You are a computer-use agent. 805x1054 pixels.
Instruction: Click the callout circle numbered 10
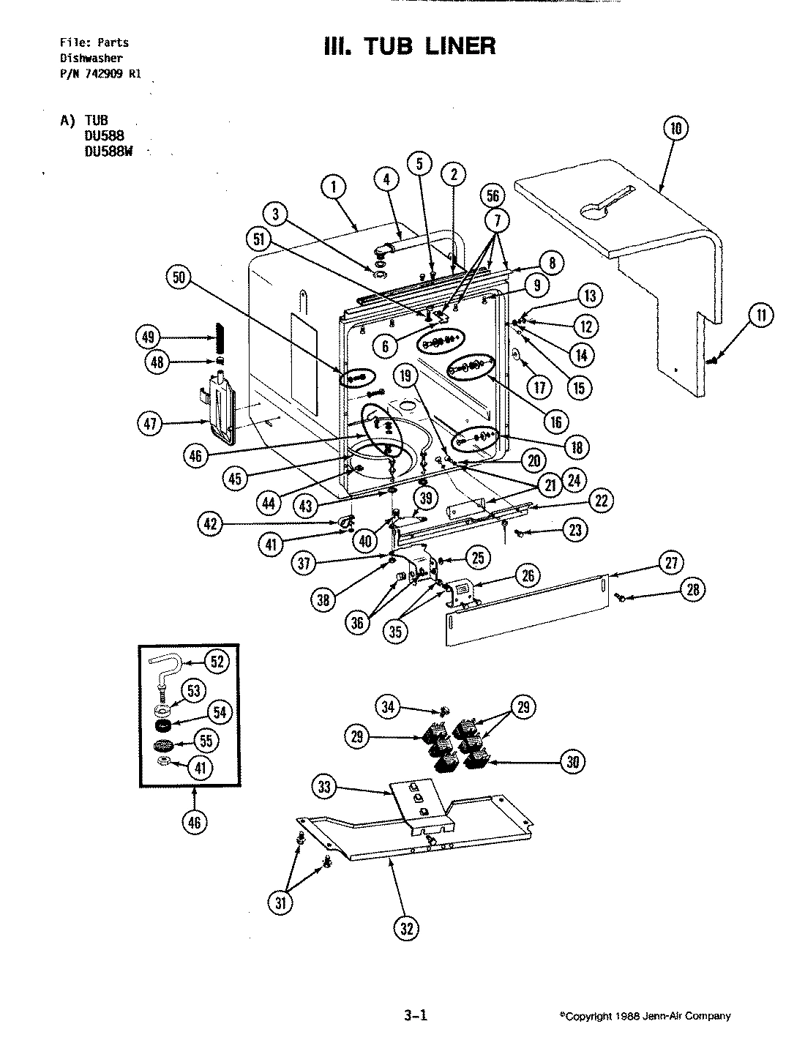click(675, 129)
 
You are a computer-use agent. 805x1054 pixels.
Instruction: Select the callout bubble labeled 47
click(151, 422)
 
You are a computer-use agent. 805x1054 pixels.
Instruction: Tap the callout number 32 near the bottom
click(408, 929)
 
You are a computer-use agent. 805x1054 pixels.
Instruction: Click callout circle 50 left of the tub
click(181, 276)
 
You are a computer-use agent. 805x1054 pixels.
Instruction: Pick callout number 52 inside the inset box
click(217, 661)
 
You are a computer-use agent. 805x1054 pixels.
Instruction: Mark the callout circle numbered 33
click(326, 788)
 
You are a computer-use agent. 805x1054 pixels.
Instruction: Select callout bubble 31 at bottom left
click(281, 903)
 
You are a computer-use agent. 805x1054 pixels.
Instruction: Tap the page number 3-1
click(414, 1015)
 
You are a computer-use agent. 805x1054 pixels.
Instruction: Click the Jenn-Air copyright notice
click(645, 1016)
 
